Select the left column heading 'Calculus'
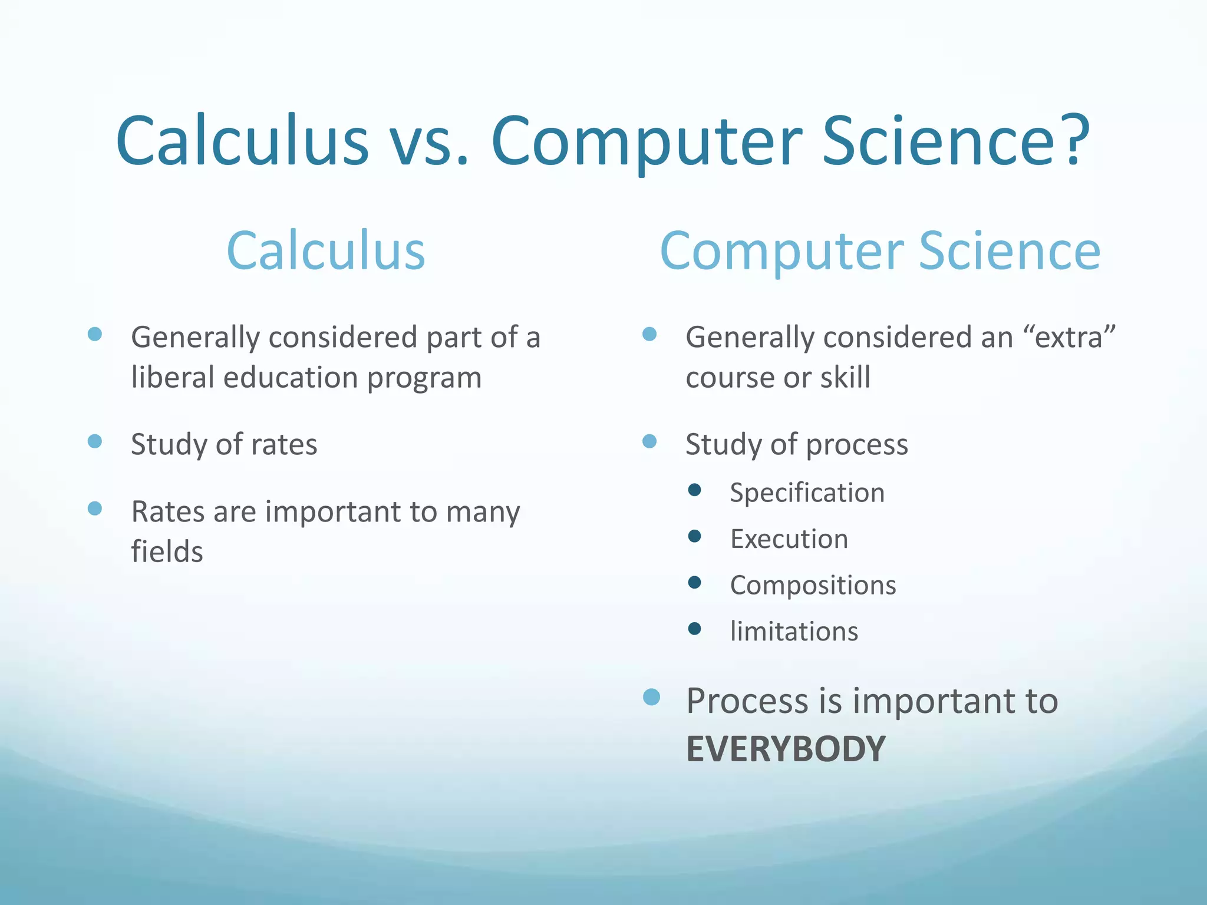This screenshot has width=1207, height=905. tap(326, 251)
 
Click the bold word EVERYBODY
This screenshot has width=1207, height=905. tap(786, 749)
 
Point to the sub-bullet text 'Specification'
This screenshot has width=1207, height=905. tap(807, 493)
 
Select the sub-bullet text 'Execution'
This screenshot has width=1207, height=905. tap(789, 539)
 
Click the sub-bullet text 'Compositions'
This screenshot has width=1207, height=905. tap(813, 585)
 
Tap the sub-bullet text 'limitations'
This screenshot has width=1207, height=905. tap(794, 632)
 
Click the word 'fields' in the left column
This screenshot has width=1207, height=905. tap(167, 552)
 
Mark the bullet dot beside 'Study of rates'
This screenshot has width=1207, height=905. tap(95, 441)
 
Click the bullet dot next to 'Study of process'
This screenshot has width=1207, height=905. tap(649, 441)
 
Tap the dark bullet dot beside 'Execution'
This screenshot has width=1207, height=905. tap(695, 536)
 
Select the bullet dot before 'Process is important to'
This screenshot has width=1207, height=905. tap(651, 697)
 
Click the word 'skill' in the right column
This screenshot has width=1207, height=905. tap(845, 377)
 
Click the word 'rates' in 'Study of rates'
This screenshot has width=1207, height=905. tap(284, 445)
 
